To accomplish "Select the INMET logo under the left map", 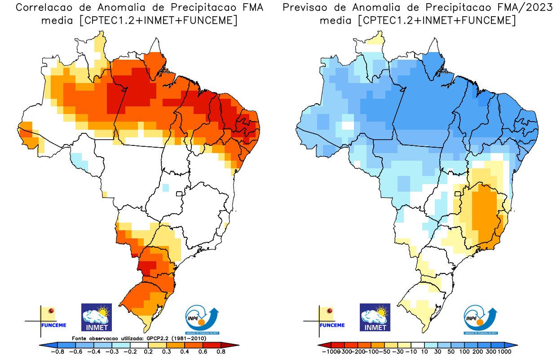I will pos(96,317).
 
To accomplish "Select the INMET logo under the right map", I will pos(375,317).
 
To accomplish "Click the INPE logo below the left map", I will pos(203,319).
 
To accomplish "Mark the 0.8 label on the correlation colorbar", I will pos(221,352).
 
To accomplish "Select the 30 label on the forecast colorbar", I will pos(436,352).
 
